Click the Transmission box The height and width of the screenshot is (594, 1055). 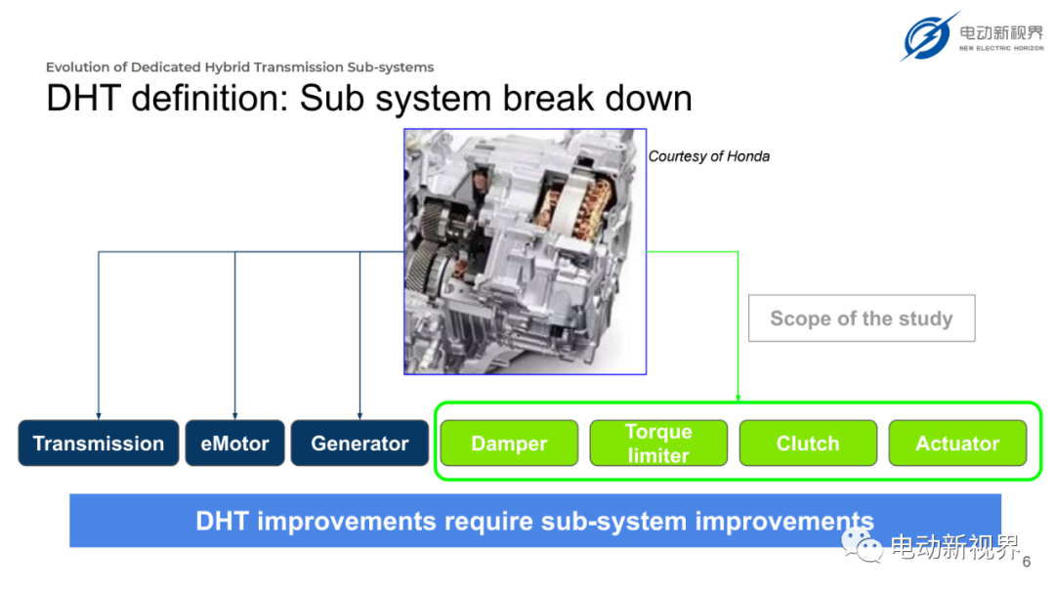[99, 443]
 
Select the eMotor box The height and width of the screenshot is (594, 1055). [234, 443]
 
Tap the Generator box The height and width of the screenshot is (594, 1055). [359, 443]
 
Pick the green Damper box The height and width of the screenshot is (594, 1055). [509, 443]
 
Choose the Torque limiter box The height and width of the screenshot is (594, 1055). [658, 443]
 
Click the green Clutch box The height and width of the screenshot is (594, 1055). [808, 443]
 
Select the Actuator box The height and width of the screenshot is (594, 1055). [957, 443]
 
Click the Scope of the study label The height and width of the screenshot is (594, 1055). [862, 318]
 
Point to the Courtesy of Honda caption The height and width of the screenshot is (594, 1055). [708, 156]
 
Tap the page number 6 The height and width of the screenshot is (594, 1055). [1026, 562]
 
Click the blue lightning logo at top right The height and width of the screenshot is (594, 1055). [929, 36]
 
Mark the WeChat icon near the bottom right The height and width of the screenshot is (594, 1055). [862, 545]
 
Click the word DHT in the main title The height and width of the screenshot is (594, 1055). [83, 99]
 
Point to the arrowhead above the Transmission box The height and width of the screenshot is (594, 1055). [99, 416]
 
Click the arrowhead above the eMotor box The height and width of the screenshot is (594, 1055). [234, 416]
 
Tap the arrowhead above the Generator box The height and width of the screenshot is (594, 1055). [359, 416]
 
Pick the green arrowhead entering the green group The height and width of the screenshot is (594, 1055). [738, 399]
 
